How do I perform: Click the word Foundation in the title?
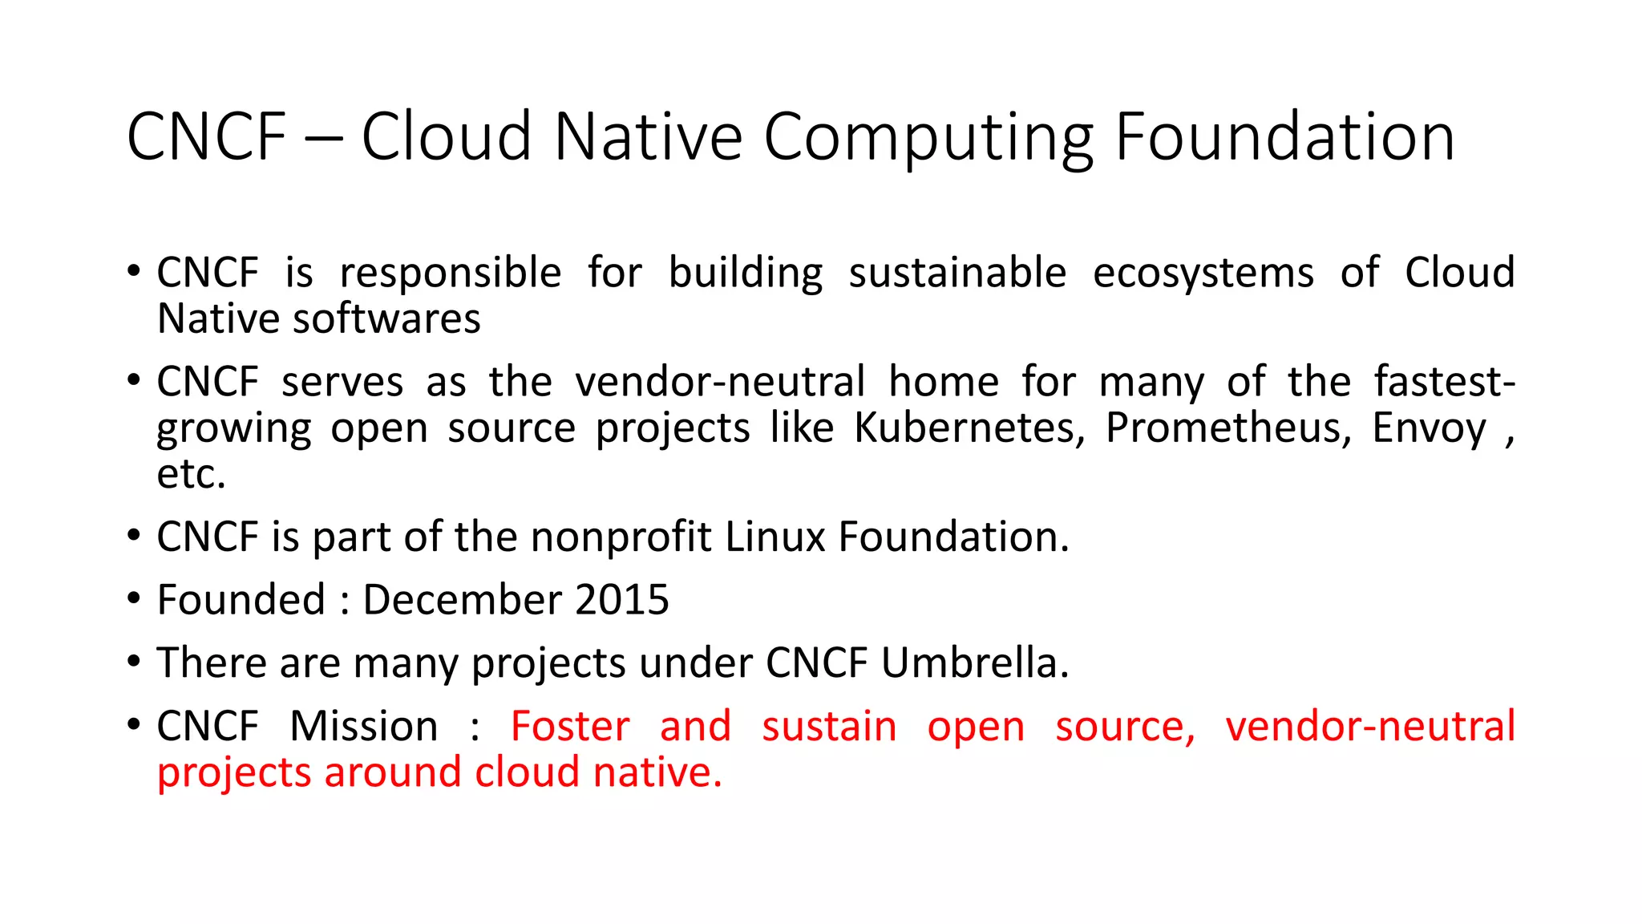1284,137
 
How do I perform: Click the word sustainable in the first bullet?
957,273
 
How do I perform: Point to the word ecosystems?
1203,273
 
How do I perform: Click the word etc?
191,475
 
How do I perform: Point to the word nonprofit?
621,537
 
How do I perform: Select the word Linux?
774,537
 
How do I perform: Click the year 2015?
621,600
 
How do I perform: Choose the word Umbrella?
974,663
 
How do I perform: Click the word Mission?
363,726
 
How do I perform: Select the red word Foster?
569,726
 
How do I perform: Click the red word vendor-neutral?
1369,726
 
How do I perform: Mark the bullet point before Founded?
134,598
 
